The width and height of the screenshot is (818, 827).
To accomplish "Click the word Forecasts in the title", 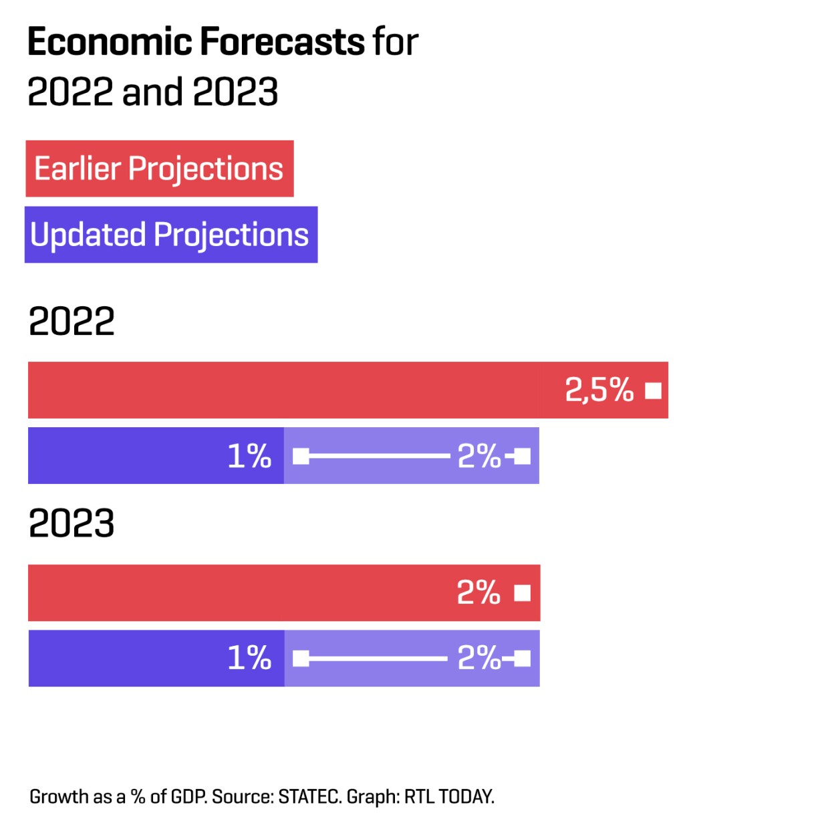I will (282, 42).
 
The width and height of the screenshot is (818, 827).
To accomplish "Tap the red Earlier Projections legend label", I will (159, 168).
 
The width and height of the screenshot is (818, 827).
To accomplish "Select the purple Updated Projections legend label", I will (170, 235).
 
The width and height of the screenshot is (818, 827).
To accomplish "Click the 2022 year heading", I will (72, 322).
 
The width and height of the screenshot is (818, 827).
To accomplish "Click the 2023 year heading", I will (72, 523).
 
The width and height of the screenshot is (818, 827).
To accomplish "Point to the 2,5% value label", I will (599, 390).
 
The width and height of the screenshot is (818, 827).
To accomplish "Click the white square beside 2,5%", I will (653, 390).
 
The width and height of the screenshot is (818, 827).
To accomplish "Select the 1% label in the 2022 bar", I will (249, 457).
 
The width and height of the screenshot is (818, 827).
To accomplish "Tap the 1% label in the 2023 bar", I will (249, 659).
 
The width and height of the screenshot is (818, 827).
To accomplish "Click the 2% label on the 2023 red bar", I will (479, 593).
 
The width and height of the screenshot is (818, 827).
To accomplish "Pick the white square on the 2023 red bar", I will (523, 593).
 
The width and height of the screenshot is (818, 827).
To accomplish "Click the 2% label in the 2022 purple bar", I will (479, 457).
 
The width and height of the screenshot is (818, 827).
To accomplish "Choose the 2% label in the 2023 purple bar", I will (479, 659).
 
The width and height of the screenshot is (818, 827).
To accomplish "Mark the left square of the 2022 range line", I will (301, 457).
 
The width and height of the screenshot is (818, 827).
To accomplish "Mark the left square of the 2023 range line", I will (301, 659).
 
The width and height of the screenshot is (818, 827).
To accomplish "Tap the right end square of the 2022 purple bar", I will (523, 457).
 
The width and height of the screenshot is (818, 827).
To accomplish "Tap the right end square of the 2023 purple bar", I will (523, 659).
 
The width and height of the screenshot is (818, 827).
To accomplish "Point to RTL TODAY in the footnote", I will (449, 797).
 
